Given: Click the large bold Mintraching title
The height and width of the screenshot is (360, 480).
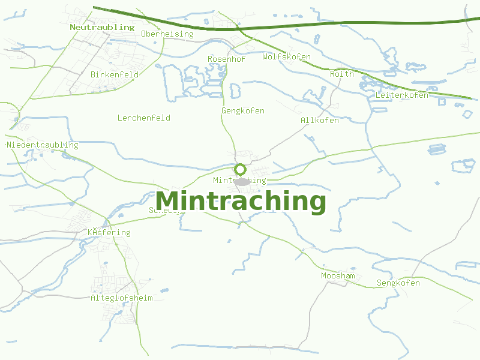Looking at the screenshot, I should pyautogui.click(x=241, y=202).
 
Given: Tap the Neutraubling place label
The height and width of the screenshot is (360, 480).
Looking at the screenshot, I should pyautogui.click(x=102, y=27).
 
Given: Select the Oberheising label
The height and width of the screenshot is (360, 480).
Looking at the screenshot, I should pyautogui.click(x=167, y=34).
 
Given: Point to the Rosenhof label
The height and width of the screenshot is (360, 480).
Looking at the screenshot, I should pyautogui.click(x=226, y=59).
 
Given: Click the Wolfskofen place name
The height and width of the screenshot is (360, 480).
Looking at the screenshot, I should pyautogui.click(x=286, y=57).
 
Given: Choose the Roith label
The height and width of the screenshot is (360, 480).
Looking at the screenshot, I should pyautogui.click(x=341, y=74).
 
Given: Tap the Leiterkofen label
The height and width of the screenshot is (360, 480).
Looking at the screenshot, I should pyautogui.click(x=401, y=95).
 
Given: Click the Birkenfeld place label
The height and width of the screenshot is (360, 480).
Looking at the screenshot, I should pyautogui.click(x=115, y=75).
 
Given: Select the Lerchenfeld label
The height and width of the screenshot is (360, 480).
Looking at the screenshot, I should pyautogui.click(x=143, y=118).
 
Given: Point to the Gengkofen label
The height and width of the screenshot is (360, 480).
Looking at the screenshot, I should pyautogui.click(x=242, y=111).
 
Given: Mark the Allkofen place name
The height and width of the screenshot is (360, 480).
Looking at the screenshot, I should pyautogui.click(x=319, y=121).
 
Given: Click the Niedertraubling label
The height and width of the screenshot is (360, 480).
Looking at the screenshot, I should pyautogui.click(x=43, y=145).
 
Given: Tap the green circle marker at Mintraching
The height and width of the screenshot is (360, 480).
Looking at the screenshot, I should pyautogui.click(x=241, y=169).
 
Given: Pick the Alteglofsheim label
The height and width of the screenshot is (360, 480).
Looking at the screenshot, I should pyautogui.click(x=122, y=298).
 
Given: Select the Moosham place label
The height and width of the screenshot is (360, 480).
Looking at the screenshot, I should pyautogui.click(x=338, y=276).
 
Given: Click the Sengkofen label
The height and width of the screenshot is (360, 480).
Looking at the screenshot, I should pyautogui.click(x=398, y=283).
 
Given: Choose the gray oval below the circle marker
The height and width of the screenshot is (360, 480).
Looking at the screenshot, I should pyautogui.click(x=242, y=181).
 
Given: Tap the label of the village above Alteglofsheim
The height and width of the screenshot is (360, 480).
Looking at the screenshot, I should pyautogui.click(x=109, y=233).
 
